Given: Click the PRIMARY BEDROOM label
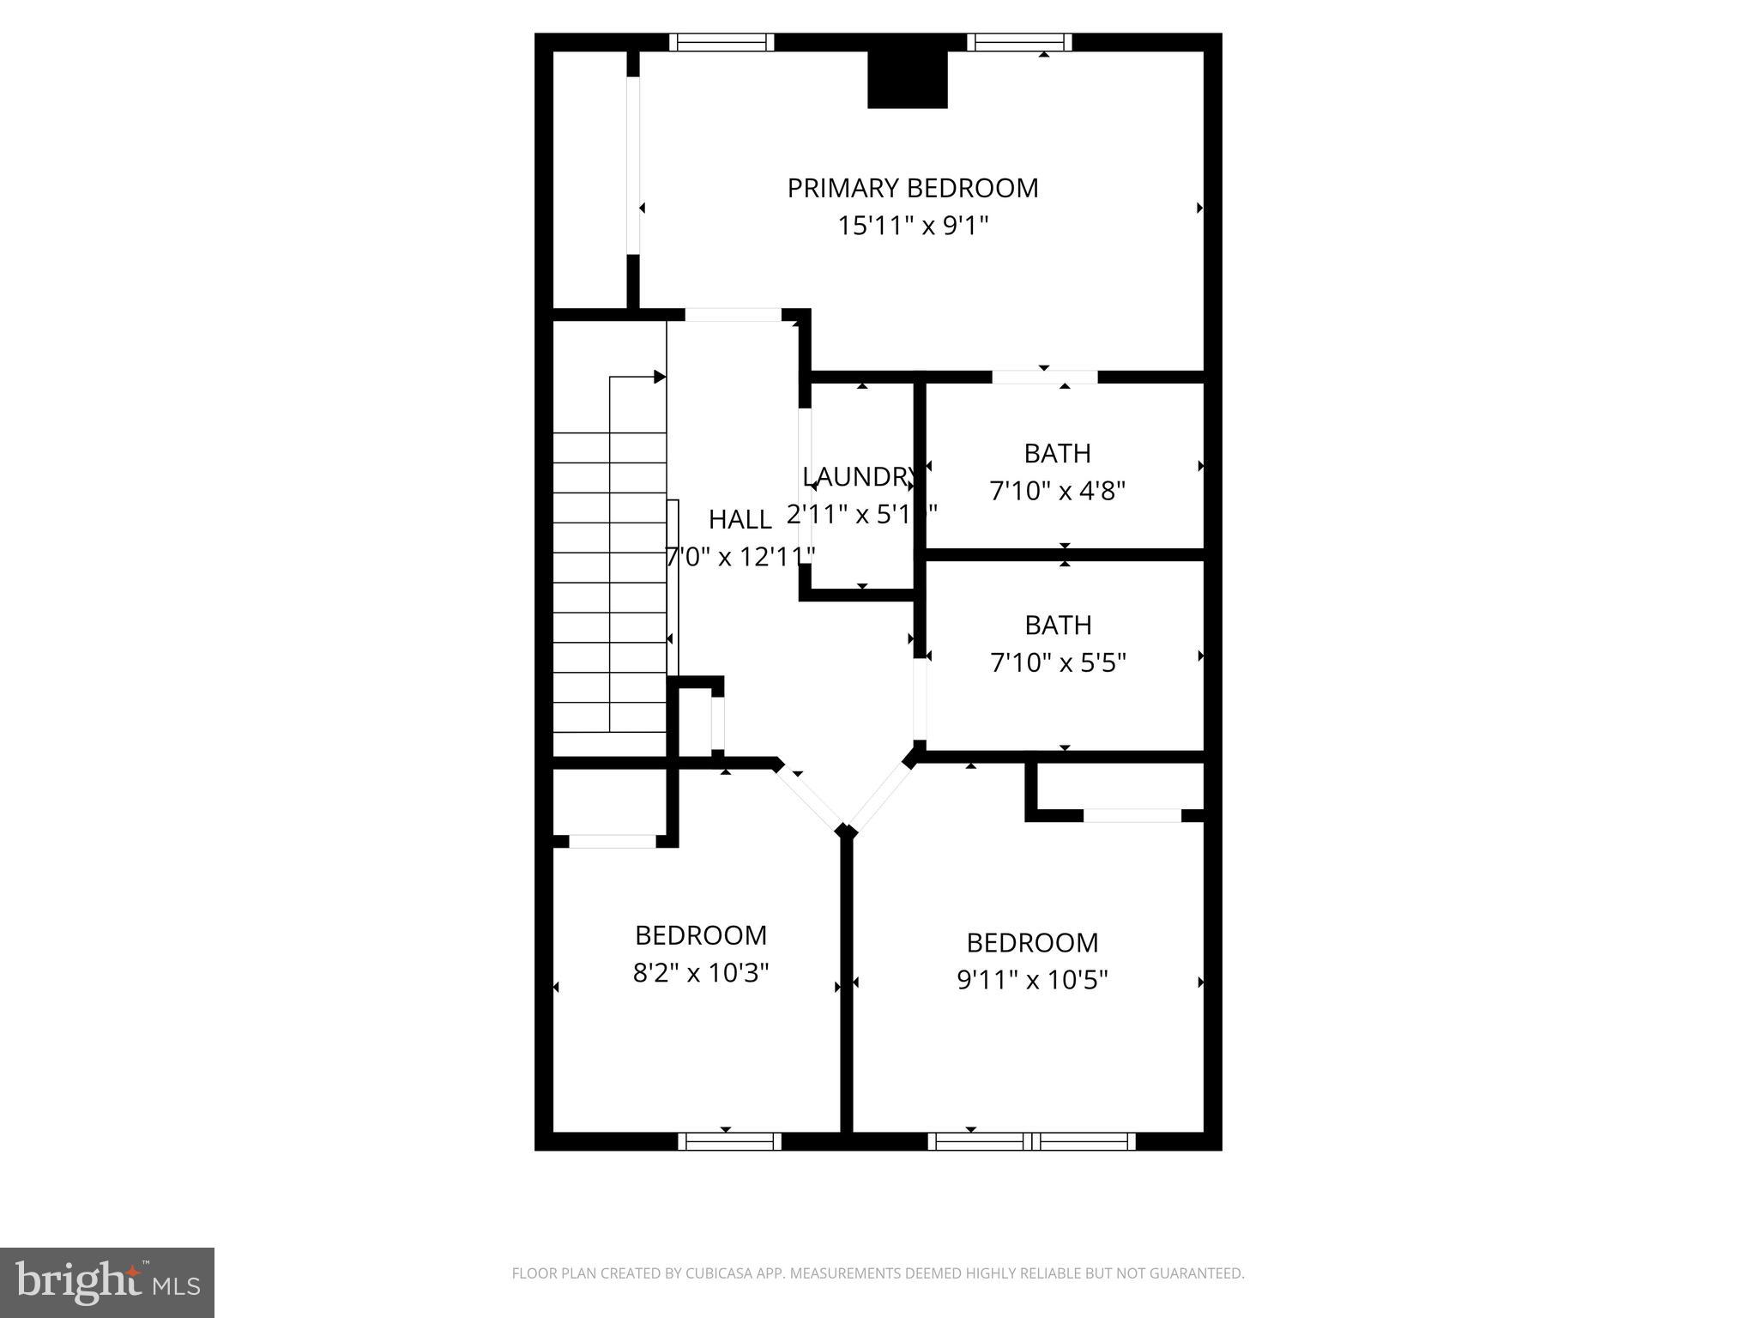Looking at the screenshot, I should (x=913, y=188).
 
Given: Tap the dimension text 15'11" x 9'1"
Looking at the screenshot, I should (x=913, y=227).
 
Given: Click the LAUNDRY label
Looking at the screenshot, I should (x=858, y=476).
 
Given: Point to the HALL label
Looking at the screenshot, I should (x=740, y=519).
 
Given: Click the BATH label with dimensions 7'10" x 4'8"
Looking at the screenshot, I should (x=1057, y=453).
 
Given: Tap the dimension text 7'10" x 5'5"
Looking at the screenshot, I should (x=1058, y=663).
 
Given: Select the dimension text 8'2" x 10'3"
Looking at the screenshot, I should (x=701, y=973).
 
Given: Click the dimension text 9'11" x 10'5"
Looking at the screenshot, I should (x=1032, y=980).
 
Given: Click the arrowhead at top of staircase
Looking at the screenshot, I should (x=660, y=377).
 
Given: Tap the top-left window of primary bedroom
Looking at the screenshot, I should (x=722, y=42).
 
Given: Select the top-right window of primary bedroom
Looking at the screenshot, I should (x=1019, y=42).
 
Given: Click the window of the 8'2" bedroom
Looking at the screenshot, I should (x=729, y=1141).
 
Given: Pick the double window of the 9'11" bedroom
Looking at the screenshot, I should (x=1031, y=1141).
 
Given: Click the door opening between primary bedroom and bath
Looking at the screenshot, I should (x=1044, y=377).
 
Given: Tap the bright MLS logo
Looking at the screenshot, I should (x=107, y=1282).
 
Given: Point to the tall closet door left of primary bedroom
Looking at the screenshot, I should (x=633, y=166).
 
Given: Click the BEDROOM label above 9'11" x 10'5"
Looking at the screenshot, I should (x=1032, y=942).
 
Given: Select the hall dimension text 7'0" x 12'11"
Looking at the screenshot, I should (x=740, y=558).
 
